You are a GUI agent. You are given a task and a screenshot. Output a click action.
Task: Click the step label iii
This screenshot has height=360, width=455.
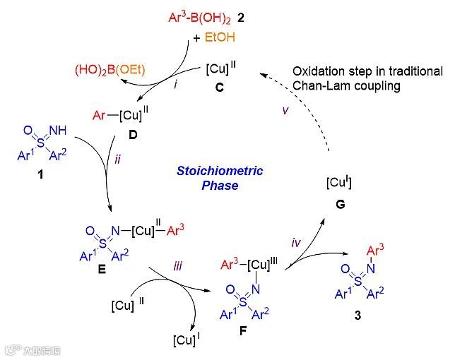click(178, 266)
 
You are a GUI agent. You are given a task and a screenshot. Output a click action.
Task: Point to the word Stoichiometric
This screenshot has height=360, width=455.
click(220, 171)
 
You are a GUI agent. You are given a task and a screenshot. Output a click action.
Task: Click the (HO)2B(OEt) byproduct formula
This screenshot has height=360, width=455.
click(109, 70)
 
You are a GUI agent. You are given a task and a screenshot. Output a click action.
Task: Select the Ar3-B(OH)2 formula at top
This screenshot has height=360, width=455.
click(205, 15)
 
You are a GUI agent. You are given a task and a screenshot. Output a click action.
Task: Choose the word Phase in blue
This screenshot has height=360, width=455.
click(220, 186)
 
